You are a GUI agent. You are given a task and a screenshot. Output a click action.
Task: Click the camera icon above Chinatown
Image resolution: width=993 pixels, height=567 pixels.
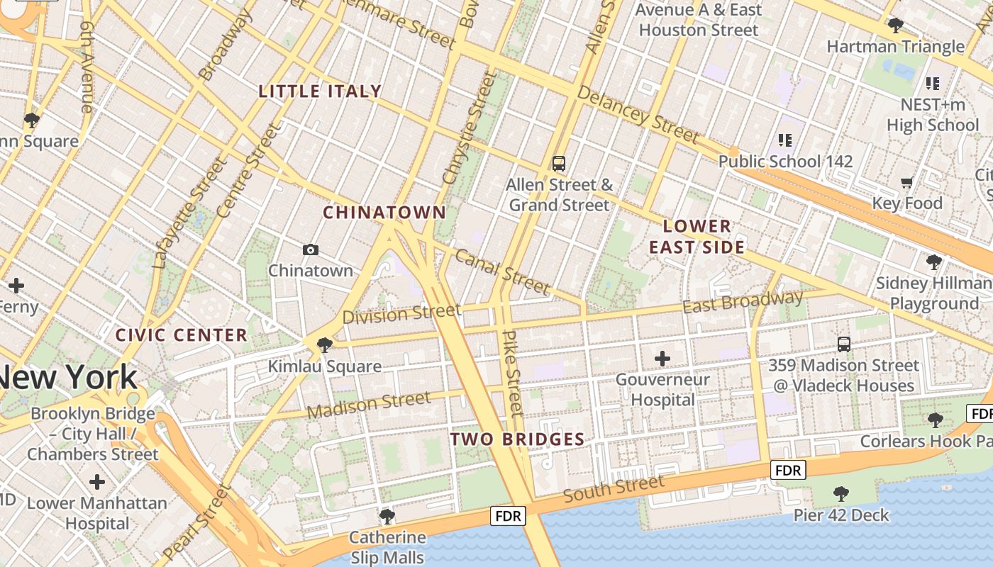(x=310, y=249)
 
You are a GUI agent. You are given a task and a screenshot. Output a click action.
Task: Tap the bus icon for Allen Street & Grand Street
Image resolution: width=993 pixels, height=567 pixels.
(x=559, y=164)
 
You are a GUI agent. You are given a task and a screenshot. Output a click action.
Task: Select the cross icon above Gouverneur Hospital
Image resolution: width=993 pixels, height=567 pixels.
(x=662, y=359)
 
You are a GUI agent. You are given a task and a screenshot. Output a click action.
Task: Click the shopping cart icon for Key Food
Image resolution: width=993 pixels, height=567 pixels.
(x=906, y=183)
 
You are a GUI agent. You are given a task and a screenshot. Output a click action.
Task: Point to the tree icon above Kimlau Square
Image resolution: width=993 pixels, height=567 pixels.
(x=325, y=345)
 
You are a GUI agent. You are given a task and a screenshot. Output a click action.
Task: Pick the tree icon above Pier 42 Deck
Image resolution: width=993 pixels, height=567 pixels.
(x=841, y=494)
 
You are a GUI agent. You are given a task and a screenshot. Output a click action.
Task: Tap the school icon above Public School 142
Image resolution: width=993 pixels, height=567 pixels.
(x=784, y=140)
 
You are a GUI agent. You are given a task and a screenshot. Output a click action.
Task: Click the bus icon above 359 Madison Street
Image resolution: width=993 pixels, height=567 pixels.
(x=843, y=344)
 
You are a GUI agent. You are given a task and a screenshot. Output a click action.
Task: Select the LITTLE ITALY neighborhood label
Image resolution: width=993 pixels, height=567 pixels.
(x=321, y=91)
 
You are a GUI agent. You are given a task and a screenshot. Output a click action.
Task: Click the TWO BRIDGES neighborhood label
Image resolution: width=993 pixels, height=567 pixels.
(x=517, y=439)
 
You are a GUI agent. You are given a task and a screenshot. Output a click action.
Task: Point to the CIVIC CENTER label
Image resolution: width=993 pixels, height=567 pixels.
(x=182, y=335)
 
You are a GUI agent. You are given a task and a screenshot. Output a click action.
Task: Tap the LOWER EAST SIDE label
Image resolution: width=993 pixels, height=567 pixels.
(x=697, y=237)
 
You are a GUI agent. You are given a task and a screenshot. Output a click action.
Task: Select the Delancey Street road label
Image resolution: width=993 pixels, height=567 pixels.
(x=638, y=113)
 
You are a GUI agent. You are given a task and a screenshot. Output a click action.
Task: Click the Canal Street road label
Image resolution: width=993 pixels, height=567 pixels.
(x=502, y=271)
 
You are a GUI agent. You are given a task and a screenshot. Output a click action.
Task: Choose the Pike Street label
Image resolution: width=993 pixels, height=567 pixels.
(x=513, y=373)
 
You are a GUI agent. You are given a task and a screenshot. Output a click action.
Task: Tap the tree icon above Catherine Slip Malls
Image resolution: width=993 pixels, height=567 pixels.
(x=387, y=516)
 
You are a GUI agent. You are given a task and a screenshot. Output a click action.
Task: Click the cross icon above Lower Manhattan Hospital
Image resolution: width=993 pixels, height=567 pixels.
(x=97, y=483)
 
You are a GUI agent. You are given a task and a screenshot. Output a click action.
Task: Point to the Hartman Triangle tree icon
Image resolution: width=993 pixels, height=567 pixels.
(x=895, y=26)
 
